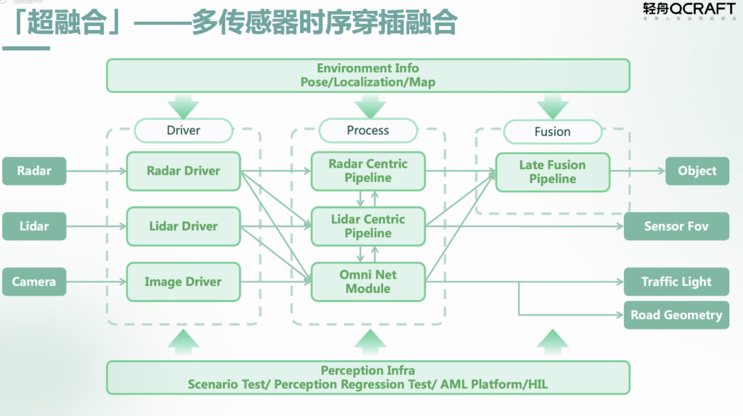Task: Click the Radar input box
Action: [34, 171]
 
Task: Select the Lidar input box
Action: [34, 226]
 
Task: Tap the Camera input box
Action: [34, 282]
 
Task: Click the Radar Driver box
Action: [183, 171]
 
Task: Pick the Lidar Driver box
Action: [183, 226]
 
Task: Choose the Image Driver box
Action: [183, 282]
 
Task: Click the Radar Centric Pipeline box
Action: [368, 171]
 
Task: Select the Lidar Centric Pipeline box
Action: [368, 226]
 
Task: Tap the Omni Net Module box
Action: [368, 282]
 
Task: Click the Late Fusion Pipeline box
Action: [552, 172]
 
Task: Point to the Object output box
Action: [697, 171]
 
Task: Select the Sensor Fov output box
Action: [676, 226]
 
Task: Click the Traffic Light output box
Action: [676, 282]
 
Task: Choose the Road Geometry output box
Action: [676, 315]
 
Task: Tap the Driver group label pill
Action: [184, 130]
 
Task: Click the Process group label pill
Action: [368, 130]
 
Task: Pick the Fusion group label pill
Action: [552, 131]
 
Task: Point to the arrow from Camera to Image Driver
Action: [96, 282]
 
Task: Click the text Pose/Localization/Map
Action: [368, 82]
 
